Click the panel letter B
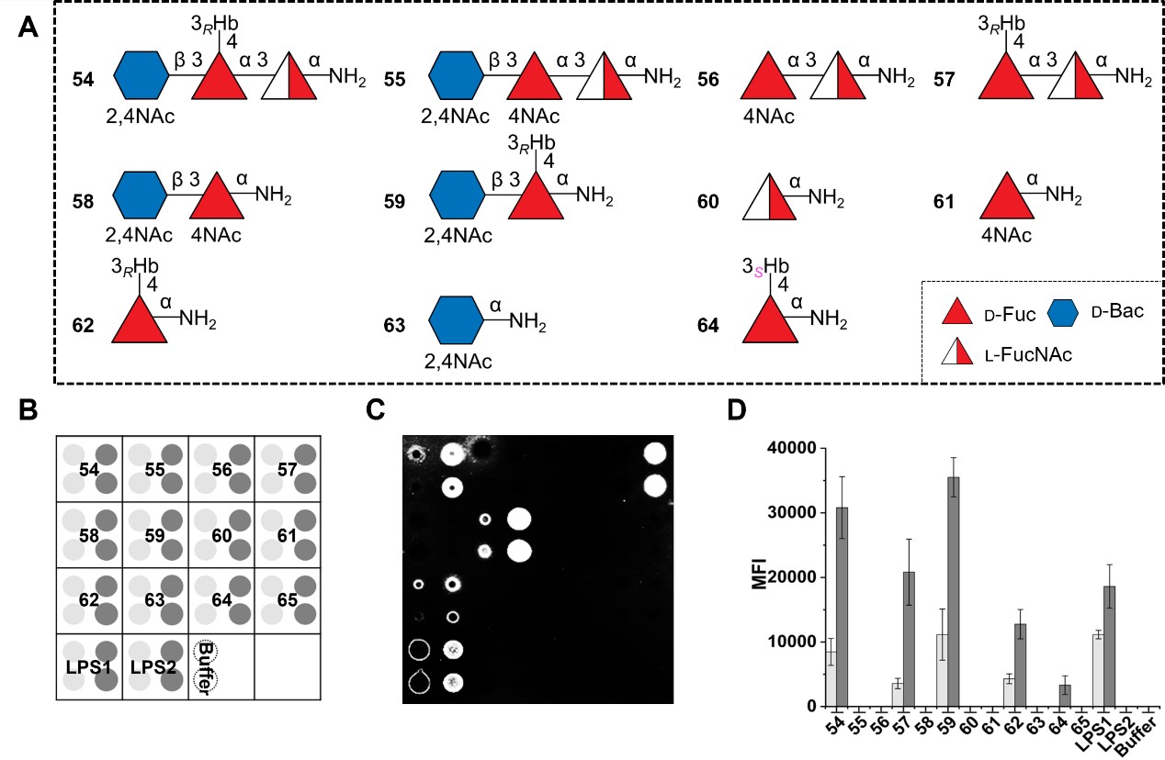[x=28, y=410]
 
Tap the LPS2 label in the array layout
[x=153, y=665]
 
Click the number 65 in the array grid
[x=286, y=600]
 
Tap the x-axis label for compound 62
[x=1012, y=722]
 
